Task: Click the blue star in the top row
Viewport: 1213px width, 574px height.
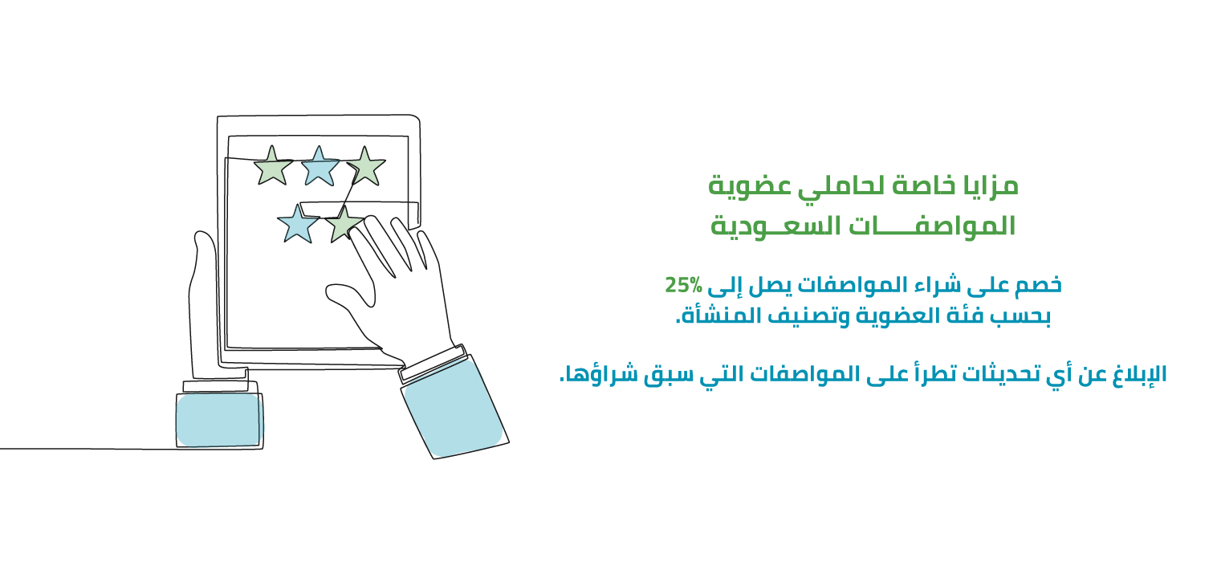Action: [x=320, y=167]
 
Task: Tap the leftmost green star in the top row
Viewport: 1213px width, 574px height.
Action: [x=273, y=166]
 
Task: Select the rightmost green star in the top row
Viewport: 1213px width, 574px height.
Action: [x=366, y=167]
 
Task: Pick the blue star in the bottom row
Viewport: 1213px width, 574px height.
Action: [x=298, y=224]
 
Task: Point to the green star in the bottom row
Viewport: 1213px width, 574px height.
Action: [x=344, y=224]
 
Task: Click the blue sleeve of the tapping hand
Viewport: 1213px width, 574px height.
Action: [x=454, y=410]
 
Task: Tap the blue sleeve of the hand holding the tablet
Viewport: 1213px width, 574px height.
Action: [x=219, y=421]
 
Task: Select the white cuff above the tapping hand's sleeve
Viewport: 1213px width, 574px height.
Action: [x=433, y=364]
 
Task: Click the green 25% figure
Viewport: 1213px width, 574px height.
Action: [x=683, y=285]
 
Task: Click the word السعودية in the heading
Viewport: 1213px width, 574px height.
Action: [x=776, y=226]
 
